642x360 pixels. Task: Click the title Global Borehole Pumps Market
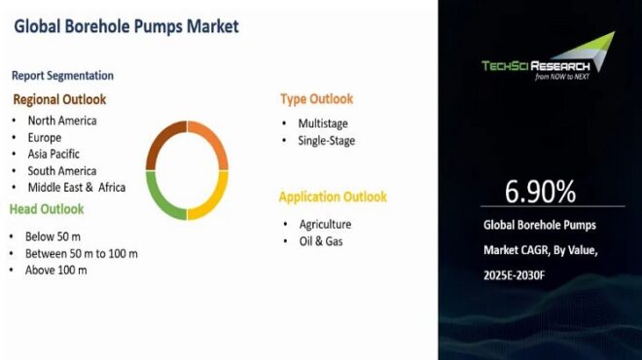(125, 26)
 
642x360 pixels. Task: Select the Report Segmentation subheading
(62, 76)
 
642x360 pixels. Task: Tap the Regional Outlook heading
(59, 99)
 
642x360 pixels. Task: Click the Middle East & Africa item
(76, 187)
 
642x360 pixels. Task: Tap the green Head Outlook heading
(48, 208)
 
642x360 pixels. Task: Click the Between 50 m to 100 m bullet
(81, 253)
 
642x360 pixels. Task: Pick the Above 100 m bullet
(55, 270)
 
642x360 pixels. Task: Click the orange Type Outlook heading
(316, 99)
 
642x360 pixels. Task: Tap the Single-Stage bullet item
(326, 140)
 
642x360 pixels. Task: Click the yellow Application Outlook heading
(333, 198)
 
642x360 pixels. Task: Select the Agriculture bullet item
(325, 224)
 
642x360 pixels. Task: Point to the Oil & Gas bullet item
(320, 240)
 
